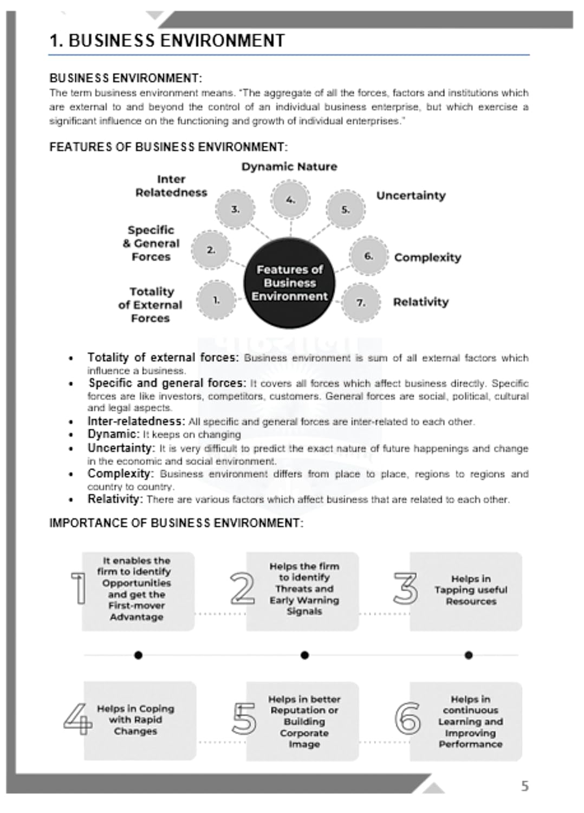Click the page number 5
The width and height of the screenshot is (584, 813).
(x=524, y=786)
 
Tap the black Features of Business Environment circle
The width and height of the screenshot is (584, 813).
(x=289, y=283)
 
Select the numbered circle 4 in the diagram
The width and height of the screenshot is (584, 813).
(x=291, y=200)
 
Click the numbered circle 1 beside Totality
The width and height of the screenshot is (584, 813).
(x=216, y=300)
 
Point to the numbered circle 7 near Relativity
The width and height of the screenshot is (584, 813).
(x=361, y=302)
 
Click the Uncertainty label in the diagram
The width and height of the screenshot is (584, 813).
(x=411, y=196)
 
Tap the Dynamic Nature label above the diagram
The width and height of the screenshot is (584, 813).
(x=289, y=167)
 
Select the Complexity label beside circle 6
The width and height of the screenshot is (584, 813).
(x=427, y=257)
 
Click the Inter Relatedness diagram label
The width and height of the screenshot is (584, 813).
(x=171, y=186)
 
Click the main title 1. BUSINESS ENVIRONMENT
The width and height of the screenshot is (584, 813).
(x=167, y=41)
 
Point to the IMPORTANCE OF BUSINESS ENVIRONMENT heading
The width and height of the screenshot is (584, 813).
(x=176, y=523)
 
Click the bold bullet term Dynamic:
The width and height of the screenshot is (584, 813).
(x=113, y=434)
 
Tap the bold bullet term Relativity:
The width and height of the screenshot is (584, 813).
(x=115, y=499)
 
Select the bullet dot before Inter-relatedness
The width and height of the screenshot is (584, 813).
(x=71, y=422)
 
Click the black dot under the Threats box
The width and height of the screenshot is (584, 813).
(x=304, y=655)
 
